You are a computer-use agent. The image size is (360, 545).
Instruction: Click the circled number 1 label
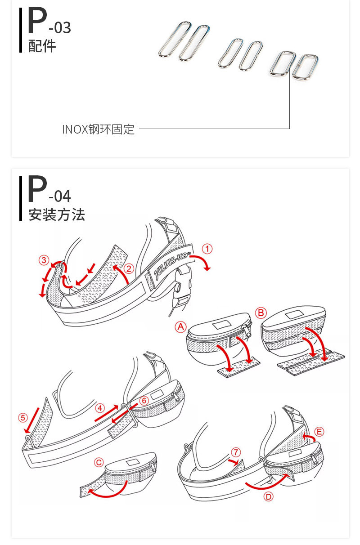coord(207,249)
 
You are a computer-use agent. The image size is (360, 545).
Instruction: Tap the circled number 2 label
coord(129,268)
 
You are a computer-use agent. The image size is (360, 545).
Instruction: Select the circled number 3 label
coord(44,260)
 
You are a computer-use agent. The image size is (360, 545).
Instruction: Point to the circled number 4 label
coord(100,408)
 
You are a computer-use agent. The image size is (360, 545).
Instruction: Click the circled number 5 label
coord(23,418)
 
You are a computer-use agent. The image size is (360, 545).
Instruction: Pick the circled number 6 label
coord(144,401)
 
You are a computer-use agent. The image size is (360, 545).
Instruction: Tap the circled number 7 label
coord(236,452)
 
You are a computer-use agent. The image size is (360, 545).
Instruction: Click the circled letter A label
coord(180,327)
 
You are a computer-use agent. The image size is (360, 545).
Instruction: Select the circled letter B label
coord(261,313)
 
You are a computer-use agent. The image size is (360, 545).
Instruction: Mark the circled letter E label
coord(319,432)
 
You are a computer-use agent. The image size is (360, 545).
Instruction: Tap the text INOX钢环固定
coord(99,130)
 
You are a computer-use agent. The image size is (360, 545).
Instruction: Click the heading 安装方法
coord(56,215)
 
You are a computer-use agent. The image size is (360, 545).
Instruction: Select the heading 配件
coord(42,46)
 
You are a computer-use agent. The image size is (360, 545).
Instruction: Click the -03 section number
coord(60,28)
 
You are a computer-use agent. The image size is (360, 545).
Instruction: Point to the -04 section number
coord(60,197)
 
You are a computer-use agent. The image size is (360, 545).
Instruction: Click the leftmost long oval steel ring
coord(175,40)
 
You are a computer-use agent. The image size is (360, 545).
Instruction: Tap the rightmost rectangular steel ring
coord(305,67)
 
